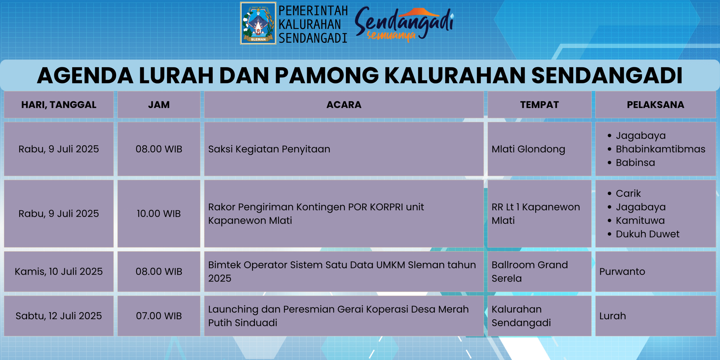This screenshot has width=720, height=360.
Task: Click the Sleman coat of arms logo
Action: [x=258, y=23]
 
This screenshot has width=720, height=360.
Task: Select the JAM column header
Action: [x=159, y=105]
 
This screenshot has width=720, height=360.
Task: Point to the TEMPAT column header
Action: [x=539, y=105]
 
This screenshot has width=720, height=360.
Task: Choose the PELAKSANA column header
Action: [x=656, y=105]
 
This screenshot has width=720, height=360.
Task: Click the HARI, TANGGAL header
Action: [x=59, y=105]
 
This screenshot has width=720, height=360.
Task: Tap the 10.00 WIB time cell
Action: [x=159, y=213]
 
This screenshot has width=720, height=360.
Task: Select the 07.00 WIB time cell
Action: [x=159, y=316]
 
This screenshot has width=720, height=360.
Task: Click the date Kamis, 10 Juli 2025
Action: [x=59, y=271]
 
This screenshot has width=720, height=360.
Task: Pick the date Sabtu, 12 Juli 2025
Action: [x=59, y=316]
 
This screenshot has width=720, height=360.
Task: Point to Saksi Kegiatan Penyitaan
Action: [x=269, y=149]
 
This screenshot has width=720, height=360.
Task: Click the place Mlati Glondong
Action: [x=528, y=149]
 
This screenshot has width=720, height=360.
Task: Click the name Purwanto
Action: [x=622, y=271]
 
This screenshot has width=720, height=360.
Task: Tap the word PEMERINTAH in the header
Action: [x=313, y=11]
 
